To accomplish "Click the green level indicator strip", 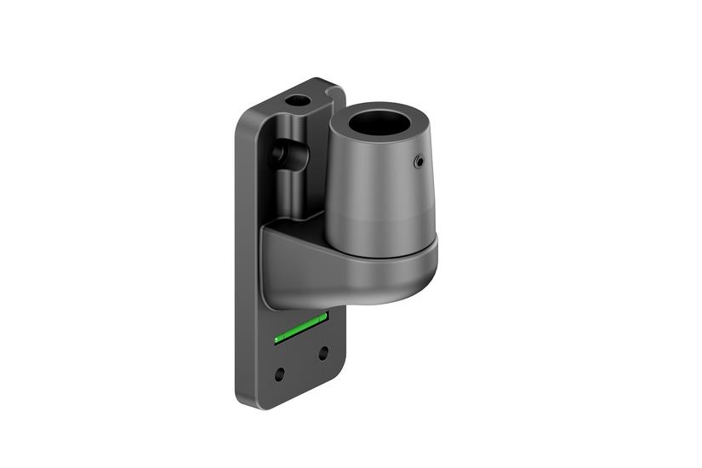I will (x=300, y=328).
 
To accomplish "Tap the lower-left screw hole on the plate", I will (x=281, y=372).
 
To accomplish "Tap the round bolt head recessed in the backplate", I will (x=277, y=153).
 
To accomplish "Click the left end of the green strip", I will (x=277, y=340).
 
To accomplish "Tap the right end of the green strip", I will (x=324, y=317).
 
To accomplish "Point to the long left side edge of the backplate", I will (x=237, y=255).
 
